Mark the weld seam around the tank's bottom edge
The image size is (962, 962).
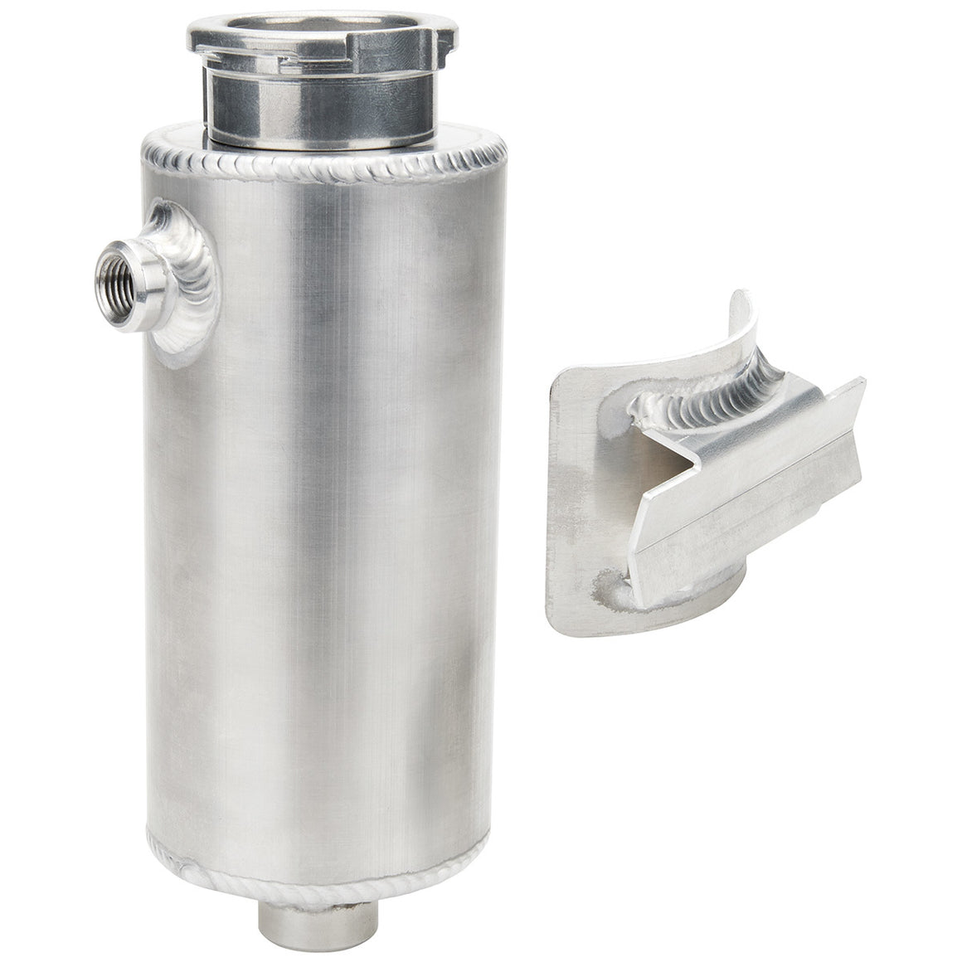click(x=323, y=870)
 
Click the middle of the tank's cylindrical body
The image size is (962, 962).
click(x=323, y=514)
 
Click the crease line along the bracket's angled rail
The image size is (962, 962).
click(x=746, y=506)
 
